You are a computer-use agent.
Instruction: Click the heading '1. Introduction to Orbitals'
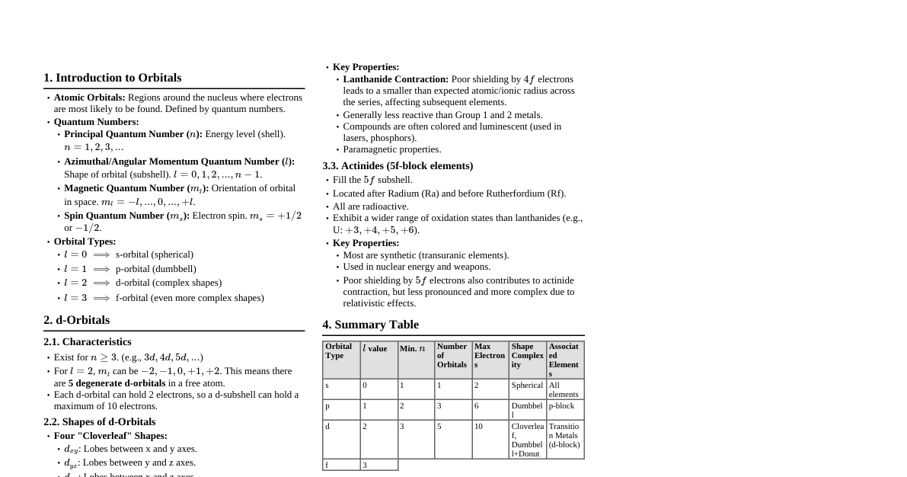(112, 78)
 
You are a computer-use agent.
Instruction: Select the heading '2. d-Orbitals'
(76, 320)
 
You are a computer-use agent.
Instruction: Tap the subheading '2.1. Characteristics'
(87, 342)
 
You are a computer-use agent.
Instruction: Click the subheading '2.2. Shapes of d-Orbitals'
(99, 422)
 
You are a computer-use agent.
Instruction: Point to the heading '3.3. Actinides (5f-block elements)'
(398, 166)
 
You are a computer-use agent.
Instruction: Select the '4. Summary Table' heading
(370, 325)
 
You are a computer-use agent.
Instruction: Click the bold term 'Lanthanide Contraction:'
(395, 79)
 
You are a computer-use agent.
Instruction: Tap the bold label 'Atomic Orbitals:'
(89, 98)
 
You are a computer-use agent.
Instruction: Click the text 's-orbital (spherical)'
(154, 255)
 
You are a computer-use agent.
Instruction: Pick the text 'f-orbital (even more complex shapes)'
(190, 298)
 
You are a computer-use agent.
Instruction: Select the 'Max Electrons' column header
(489, 356)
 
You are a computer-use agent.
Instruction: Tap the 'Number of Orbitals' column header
(452, 356)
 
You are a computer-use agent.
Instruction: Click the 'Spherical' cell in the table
(527, 386)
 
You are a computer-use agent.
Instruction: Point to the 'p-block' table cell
(561, 406)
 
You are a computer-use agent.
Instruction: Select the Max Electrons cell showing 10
(478, 427)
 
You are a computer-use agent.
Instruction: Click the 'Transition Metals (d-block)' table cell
(564, 436)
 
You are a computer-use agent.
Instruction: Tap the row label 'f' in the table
(327, 465)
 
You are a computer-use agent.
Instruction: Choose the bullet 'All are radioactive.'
(370, 206)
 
